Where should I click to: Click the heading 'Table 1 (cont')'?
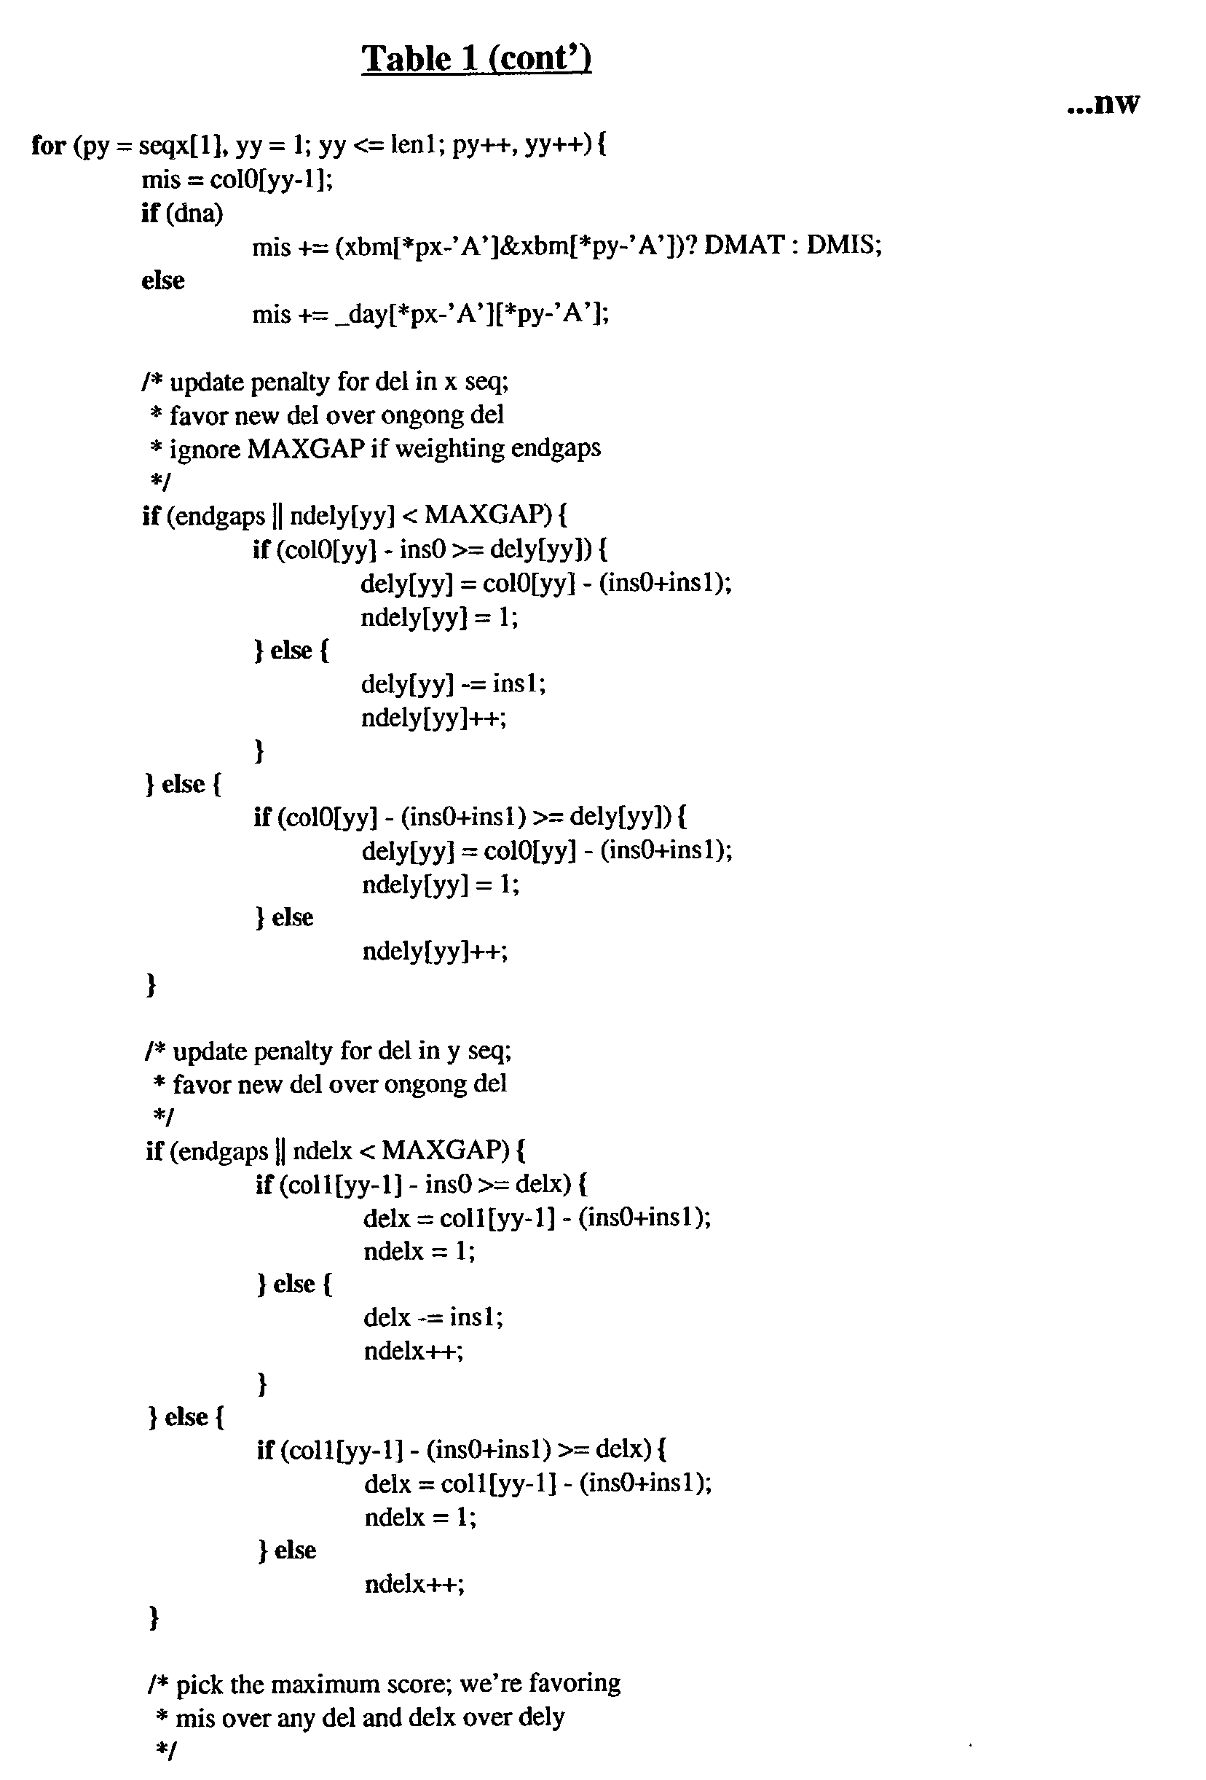tap(476, 59)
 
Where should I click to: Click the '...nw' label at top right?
tap(1103, 103)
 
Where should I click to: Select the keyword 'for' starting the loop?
tap(48, 145)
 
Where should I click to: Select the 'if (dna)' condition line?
tap(182, 212)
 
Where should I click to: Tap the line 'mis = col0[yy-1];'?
tap(237, 179)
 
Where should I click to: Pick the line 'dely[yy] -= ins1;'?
tap(453, 683)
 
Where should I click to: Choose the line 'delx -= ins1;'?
tap(433, 1317)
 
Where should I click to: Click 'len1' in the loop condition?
tap(414, 145)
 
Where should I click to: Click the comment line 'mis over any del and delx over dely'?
tap(370, 1717)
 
